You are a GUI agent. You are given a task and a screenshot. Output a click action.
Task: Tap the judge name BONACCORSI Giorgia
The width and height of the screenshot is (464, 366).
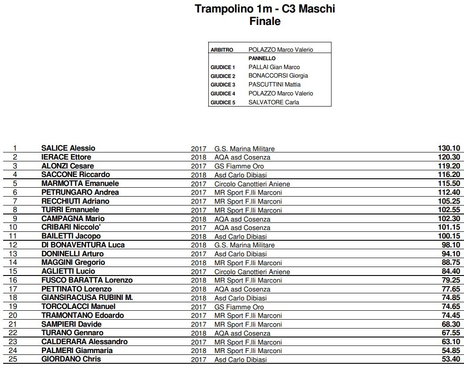(278, 76)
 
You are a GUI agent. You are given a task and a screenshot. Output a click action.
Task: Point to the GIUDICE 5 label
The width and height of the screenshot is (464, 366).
(223, 103)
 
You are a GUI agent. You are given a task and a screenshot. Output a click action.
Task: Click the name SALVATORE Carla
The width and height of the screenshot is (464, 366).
(273, 103)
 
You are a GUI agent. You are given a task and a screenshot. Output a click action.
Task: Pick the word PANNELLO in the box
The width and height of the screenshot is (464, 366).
(262, 58)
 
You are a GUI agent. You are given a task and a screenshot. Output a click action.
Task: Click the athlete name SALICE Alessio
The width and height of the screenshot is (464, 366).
(68, 148)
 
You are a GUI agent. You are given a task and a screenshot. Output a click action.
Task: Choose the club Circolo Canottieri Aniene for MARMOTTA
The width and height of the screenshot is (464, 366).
(252, 184)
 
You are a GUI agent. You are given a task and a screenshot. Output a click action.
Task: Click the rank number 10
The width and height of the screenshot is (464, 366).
(15, 227)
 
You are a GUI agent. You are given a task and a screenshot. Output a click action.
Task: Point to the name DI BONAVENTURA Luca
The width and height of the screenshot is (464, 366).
(83, 245)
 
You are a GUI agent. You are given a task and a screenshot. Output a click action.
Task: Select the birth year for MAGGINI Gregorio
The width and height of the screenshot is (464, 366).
(199, 263)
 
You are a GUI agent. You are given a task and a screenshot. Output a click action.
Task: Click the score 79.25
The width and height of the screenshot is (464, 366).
(450, 280)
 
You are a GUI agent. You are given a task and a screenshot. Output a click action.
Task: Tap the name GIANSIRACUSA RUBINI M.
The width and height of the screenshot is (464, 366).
(87, 297)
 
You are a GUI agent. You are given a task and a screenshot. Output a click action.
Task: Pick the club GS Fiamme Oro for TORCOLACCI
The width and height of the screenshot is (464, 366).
(239, 307)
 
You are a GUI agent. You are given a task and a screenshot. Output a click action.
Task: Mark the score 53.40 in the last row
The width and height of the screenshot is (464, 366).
(450, 359)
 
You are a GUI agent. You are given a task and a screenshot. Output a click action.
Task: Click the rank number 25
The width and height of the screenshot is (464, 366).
(15, 359)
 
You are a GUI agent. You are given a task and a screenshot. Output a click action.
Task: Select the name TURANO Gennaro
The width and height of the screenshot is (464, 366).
(72, 333)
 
